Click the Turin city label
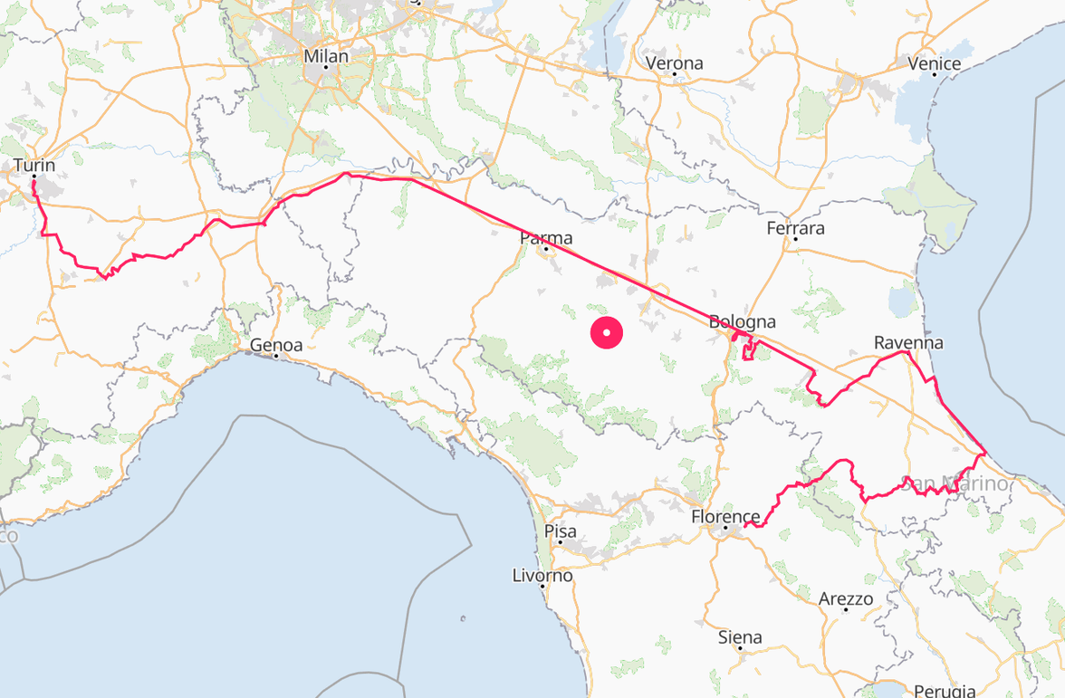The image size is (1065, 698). click(x=34, y=166)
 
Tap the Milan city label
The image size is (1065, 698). click(x=325, y=56)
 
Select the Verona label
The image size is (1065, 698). click(x=674, y=63)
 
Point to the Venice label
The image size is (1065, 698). click(x=935, y=63)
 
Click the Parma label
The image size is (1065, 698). click(x=546, y=238)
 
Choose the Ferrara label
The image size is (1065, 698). click(x=795, y=228)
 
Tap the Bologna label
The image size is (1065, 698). click(x=742, y=321)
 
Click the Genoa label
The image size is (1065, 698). click(x=275, y=345)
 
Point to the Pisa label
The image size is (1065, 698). click(x=560, y=531)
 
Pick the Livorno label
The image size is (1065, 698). click(x=542, y=575)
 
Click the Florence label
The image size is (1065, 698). click(x=724, y=517)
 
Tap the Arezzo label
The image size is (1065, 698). click(x=846, y=598)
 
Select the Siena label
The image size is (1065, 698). click(x=740, y=636)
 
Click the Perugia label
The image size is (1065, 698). click(x=944, y=691)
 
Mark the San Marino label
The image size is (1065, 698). click(x=955, y=484)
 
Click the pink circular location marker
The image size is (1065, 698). click(x=607, y=332)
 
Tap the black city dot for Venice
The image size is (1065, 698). click(x=935, y=75)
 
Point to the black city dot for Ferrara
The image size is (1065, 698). click(x=795, y=240)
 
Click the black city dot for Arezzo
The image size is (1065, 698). click(x=846, y=610)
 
